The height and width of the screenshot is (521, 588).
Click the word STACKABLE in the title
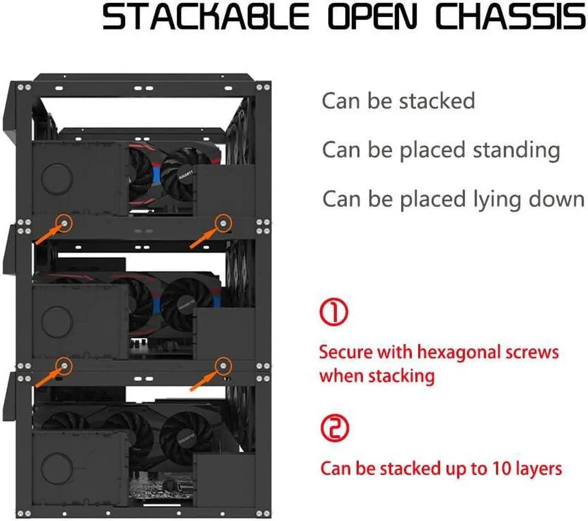pos(205,17)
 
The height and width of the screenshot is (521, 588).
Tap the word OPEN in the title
pos(372,17)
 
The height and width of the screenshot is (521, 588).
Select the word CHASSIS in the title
pos(510,17)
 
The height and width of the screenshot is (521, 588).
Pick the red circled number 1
pos(334,312)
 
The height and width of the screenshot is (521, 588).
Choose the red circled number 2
pos(334,428)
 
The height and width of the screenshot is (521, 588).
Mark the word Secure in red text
pos(345,352)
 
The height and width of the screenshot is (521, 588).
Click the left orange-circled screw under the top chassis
pos(64,223)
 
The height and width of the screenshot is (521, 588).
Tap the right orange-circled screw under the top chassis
pos(224,223)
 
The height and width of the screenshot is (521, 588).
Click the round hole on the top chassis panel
pos(57,178)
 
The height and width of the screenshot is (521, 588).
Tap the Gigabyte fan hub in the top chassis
pos(186,176)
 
